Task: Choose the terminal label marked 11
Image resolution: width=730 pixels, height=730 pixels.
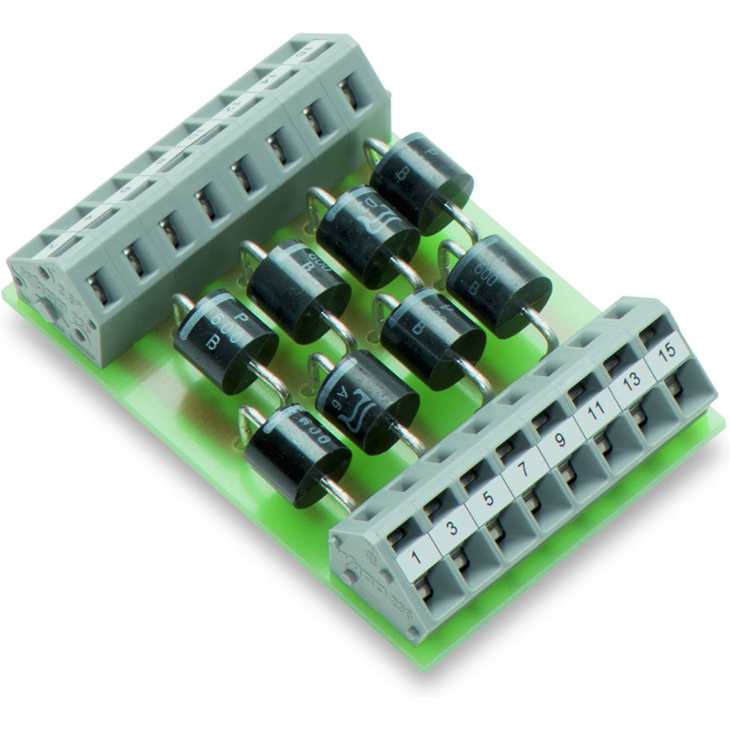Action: point(595,414)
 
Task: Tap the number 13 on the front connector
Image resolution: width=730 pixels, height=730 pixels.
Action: point(631,380)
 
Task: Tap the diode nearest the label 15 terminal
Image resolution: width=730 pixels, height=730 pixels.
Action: point(499,285)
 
